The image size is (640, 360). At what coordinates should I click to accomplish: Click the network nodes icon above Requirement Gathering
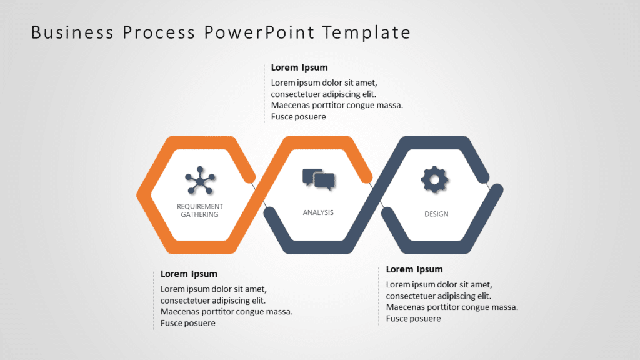200,180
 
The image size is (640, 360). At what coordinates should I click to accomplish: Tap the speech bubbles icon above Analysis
319,179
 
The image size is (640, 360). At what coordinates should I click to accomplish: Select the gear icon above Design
434,179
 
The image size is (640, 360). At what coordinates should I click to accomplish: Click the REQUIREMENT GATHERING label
199,211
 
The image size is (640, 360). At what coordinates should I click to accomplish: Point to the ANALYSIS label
318,212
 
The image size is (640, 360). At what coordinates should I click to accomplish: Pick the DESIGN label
436,214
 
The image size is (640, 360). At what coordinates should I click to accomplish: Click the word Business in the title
72,32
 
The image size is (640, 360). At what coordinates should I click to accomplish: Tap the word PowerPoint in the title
259,32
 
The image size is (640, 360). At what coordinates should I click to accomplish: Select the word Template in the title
366,33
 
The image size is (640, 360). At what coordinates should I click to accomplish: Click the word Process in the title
159,32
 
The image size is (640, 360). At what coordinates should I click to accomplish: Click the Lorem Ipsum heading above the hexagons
299,67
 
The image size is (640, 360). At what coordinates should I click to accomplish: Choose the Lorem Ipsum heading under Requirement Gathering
189,274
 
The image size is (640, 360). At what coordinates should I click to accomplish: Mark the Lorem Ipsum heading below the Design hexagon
414,269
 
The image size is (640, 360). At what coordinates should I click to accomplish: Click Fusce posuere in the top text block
298,117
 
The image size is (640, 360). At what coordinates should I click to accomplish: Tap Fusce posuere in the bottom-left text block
187,323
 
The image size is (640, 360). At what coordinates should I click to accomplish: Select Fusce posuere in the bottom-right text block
414,319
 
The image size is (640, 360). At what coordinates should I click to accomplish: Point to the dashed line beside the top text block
264,94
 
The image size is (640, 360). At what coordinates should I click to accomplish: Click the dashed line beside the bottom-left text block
154,300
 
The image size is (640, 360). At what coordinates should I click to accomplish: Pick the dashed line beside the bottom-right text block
379,296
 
